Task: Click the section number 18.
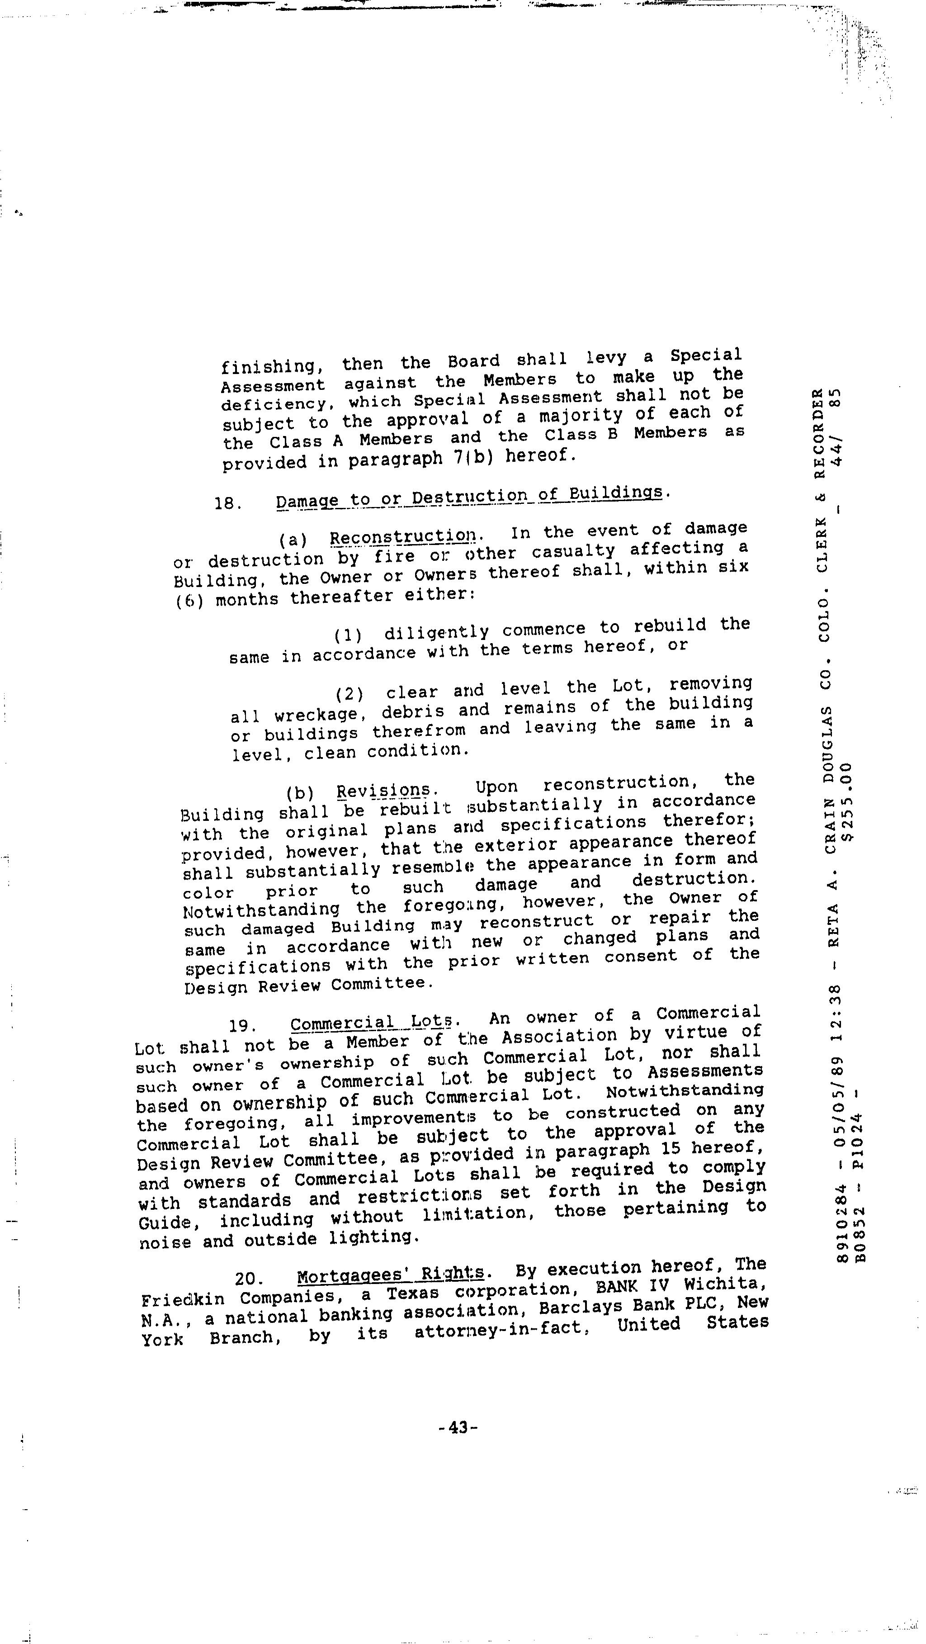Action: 227,503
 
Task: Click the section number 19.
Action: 242,1026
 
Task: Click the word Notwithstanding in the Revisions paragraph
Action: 261,909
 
